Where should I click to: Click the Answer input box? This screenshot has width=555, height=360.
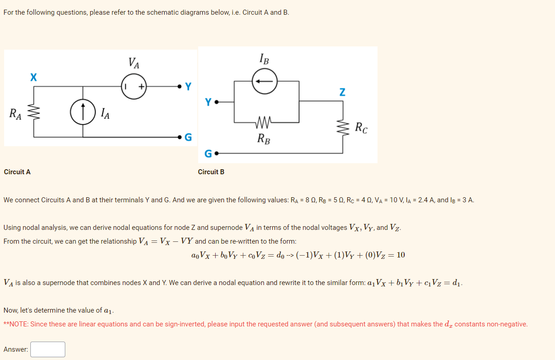coord(48,349)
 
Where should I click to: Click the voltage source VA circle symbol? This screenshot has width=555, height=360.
coord(134,86)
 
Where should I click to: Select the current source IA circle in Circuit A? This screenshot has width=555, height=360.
coord(83,111)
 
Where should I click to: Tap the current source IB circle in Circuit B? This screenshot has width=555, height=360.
coord(265,81)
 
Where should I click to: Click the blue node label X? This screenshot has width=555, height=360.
coord(33,77)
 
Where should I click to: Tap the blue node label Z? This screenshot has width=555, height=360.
coord(342,92)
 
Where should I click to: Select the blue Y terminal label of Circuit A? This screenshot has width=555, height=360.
coord(188,86)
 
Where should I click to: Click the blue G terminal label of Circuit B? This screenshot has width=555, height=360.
coord(208,154)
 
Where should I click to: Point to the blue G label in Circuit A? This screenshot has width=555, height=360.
coord(188,137)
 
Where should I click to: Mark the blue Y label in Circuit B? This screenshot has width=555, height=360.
coord(208,102)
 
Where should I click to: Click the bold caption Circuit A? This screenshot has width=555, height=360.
coord(17,172)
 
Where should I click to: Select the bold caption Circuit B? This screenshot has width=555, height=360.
coord(211,172)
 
